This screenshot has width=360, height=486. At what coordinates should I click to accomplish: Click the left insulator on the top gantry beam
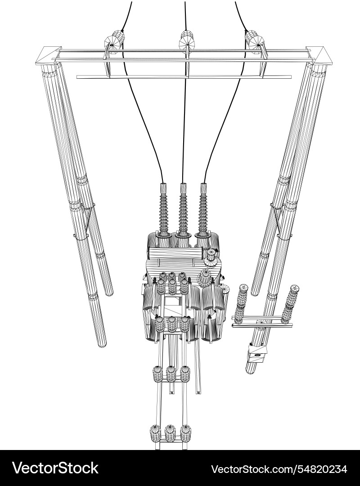(114, 40)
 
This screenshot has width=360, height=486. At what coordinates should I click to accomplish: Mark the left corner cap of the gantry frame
(49, 55)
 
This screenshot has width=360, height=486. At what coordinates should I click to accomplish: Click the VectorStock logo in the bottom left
(55, 468)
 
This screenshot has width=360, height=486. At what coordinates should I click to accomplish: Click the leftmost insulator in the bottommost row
(155, 433)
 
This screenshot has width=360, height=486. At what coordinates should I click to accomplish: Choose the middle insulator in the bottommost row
(170, 433)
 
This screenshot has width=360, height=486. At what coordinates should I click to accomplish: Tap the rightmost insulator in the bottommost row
(185, 433)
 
